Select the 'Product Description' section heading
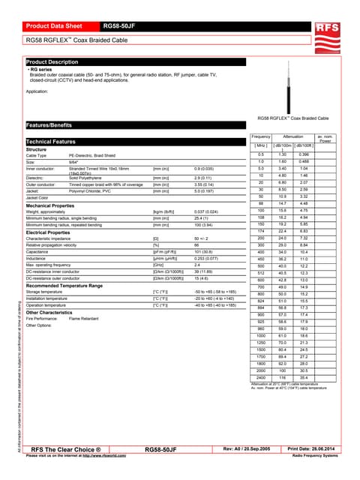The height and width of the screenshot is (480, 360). (52, 61)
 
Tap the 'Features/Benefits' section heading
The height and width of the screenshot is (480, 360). (49, 125)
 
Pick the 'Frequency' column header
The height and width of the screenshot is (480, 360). (260, 136)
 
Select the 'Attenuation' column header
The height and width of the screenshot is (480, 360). (293, 136)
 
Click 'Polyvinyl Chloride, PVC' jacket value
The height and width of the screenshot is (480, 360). (91, 191)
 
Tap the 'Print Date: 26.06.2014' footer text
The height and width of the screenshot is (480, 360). (314, 448)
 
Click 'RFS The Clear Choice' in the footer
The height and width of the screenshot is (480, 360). (71, 448)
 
